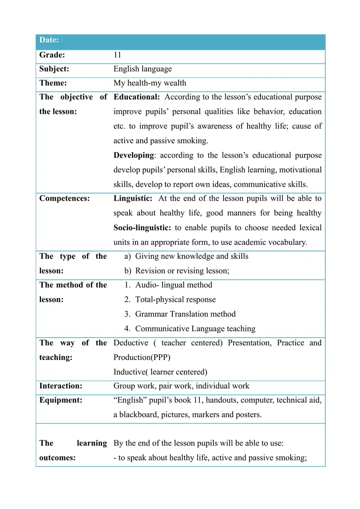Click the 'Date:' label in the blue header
click(49, 41)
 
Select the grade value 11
click(117, 55)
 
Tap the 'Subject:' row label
click(54, 69)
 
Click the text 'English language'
click(143, 69)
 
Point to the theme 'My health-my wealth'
click(150, 83)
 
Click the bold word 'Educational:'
click(137, 97)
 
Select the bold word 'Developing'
click(134, 155)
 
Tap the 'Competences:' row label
click(64, 198)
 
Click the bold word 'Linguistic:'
click(133, 198)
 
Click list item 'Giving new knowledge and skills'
click(192, 257)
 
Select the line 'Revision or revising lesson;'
click(182, 271)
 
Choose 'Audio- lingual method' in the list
click(174, 285)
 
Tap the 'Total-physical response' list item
click(175, 300)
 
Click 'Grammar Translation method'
click(185, 314)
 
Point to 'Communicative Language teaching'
click(195, 329)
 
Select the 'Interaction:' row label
click(61, 386)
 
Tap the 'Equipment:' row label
click(61, 401)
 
